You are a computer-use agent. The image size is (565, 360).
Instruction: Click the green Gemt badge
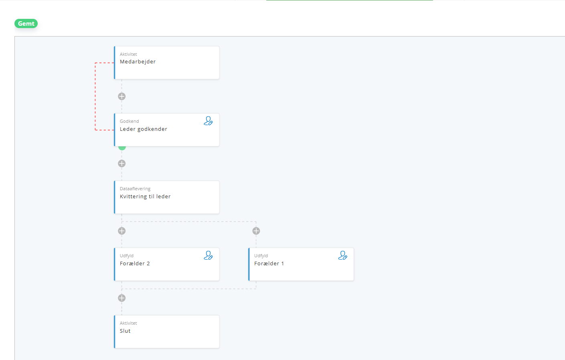click(x=26, y=23)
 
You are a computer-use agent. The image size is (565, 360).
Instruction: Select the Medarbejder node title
click(x=138, y=61)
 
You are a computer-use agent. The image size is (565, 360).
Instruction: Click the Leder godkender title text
click(x=143, y=129)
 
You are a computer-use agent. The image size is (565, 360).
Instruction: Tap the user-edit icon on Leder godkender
click(x=208, y=121)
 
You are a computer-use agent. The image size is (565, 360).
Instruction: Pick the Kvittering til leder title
click(x=145, y=196)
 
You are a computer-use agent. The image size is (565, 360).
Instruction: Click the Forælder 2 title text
click(x=135, y=264)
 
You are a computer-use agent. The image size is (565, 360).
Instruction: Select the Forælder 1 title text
click(x=269, y=264)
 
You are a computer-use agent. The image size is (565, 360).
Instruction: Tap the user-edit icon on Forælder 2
click(x=208, y=256)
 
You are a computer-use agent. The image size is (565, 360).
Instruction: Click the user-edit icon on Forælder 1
click(x=342, y=256)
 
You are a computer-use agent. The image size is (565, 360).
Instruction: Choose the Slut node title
click(x=125, y=331)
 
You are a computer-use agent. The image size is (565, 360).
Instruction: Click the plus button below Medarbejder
click(x=122, y=96)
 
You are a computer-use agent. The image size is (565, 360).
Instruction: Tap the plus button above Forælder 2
click(x=122, y=231)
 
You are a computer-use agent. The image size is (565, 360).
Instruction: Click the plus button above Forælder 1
click(x=256, y=231)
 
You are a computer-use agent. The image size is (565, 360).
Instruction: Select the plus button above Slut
click(x=122, y=298)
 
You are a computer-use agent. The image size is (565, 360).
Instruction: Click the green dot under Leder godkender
click(x=122, y=148)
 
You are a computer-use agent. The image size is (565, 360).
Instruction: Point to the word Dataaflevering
click(x=135, y=189)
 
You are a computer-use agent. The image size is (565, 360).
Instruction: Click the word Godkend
click(x=129, y=121)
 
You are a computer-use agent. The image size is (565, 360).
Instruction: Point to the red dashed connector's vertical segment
click(x=95, y=96)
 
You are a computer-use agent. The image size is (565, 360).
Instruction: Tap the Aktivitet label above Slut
click(x=128, y=323)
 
